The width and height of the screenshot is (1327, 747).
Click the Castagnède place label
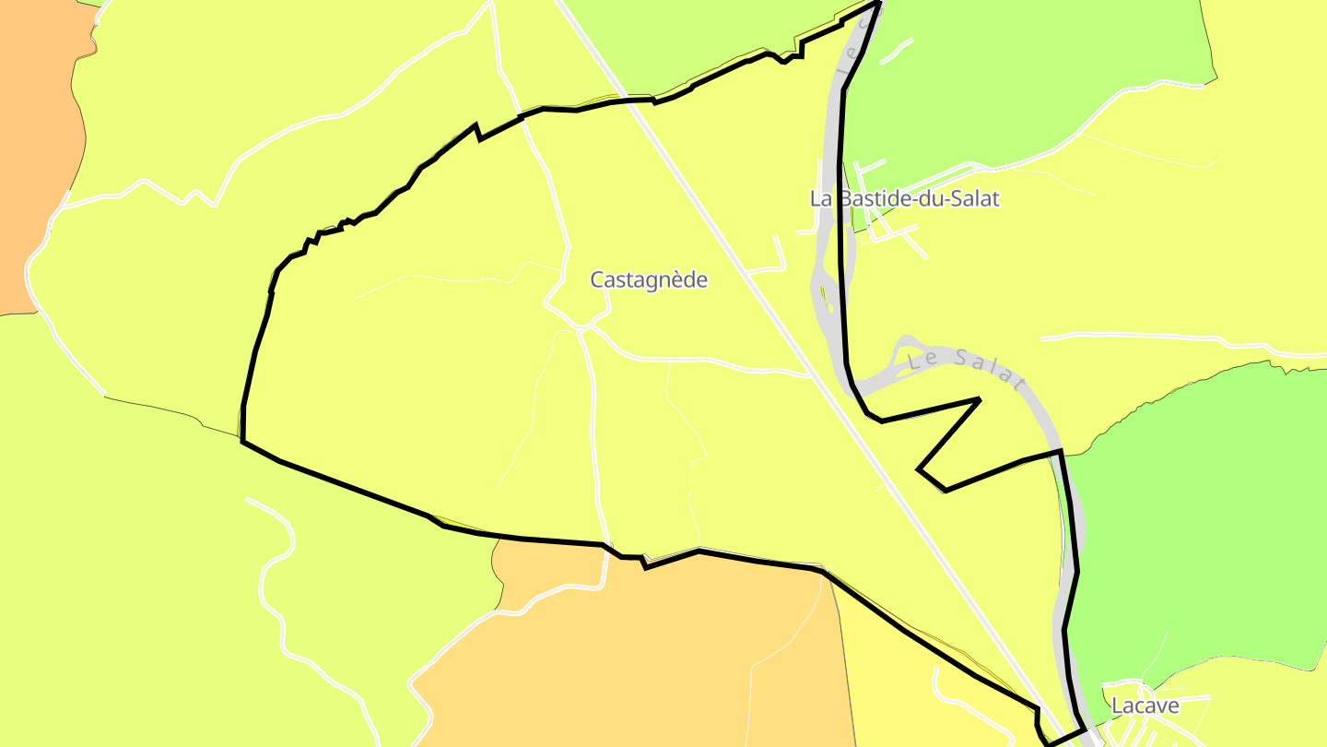tap(649, 279)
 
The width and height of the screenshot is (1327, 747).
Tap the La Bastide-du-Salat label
tap(904, 198)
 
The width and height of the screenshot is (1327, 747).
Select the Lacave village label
tap(1145, 705)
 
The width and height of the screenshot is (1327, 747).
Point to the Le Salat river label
tap(966, 368)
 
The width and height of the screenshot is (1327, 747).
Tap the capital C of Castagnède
tap(597, 279)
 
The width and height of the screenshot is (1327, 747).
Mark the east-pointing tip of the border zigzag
tap(978, 399)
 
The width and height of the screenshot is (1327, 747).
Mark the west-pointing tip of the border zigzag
tap(918, 469)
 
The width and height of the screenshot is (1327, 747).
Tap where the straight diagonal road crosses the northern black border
tap(630, 98)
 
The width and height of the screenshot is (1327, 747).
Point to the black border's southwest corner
tap(242, 442)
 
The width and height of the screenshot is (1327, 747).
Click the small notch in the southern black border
tap(643, 563)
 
